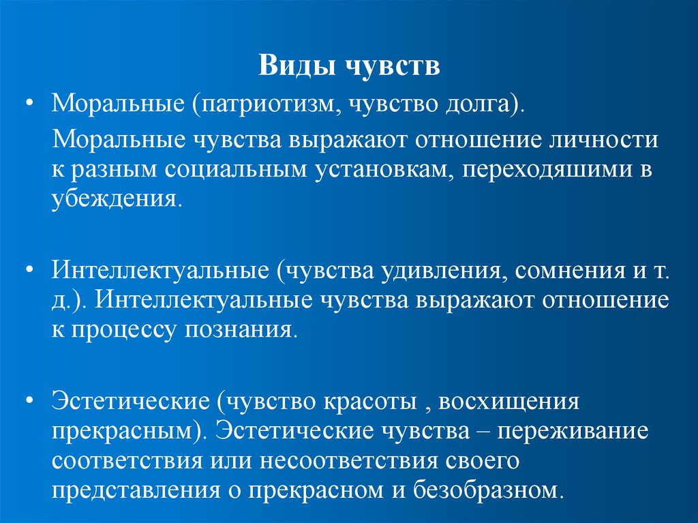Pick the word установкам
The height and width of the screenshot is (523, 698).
click(x=384, y=170)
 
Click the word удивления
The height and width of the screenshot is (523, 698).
click(x=449, y=271)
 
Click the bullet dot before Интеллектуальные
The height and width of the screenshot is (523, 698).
click(x=30, y=271)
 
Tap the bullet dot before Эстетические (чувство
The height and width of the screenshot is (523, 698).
click(x=30, y=401)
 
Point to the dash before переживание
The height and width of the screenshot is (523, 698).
click(x=487, y=432)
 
